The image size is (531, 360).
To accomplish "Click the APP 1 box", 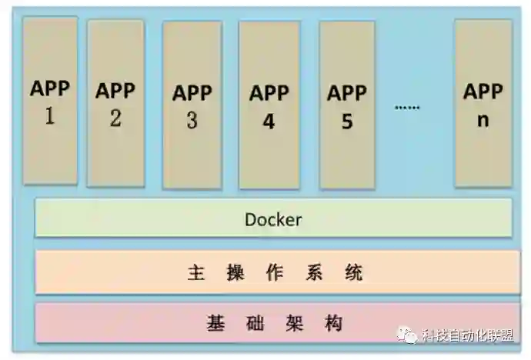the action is coord(50,101).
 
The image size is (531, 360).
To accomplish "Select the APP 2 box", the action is coord(115,103).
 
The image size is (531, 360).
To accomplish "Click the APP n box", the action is coord(483,103).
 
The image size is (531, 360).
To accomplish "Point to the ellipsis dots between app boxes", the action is coord(407,107).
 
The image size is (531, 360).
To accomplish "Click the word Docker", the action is coord(273,219).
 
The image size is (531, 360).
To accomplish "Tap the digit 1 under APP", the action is coord(50,118).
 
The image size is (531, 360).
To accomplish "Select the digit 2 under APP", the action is coord(115,119).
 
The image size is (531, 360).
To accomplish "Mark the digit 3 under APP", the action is coord(192,121).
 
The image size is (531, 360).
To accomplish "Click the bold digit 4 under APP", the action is coord(269,122).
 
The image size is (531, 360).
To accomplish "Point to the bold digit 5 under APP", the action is coord(346,122).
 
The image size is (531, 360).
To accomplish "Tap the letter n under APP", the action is coord(483,120).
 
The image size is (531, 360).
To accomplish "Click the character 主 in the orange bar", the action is coord(196,273).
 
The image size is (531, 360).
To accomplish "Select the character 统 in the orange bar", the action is coord(353,273).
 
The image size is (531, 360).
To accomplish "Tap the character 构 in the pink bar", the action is coord(332,323).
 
